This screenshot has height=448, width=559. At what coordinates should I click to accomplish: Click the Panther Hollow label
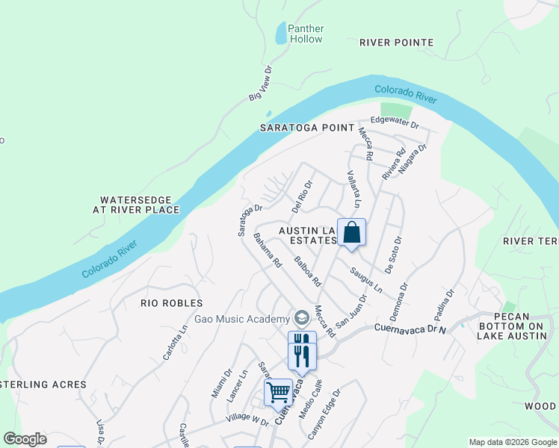[x=306, y=34]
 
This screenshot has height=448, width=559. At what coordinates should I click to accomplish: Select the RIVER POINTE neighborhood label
[x=396, y=43]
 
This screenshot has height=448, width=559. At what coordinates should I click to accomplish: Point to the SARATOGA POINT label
[x=307, y=128]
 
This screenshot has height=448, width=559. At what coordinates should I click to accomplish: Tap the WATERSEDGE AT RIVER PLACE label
[x=136, y=205]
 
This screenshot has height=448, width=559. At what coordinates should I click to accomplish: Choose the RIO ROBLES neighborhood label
[x=172, y=303]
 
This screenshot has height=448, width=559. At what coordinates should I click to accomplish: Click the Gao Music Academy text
[x=241, y=319]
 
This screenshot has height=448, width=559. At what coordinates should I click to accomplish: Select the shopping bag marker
[x=351, y=233]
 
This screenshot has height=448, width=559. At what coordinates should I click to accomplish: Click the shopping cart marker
[x=278, y=391]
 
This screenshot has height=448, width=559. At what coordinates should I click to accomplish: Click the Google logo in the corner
[x=25, y=439]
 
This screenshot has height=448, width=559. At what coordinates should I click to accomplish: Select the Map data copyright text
[x=513, y=442]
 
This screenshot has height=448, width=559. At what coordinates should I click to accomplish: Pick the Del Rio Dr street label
[x=300, y=194]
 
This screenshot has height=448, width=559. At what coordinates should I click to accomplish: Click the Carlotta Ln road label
[x=175, y=340]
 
